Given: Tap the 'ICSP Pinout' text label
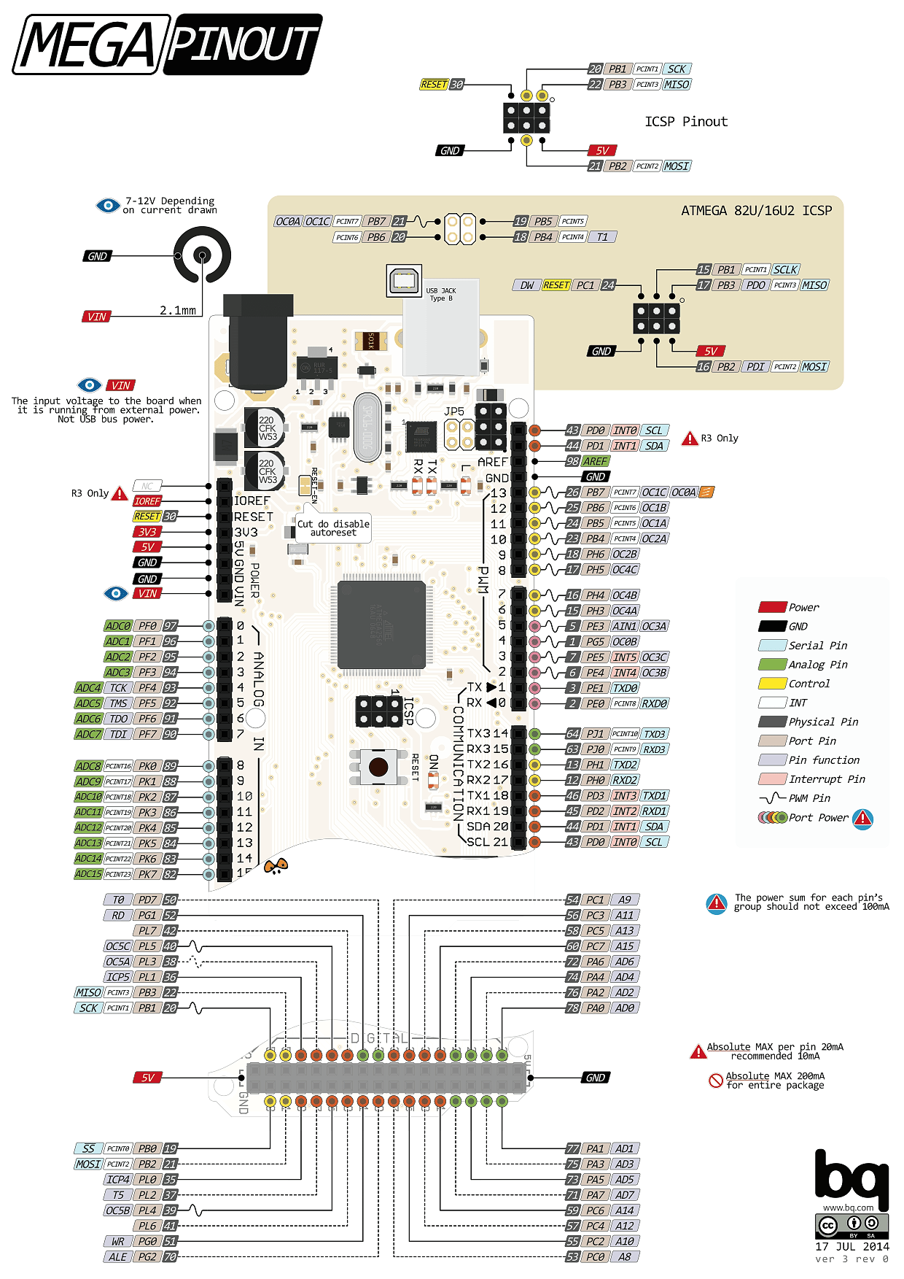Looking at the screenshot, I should click(686, 122).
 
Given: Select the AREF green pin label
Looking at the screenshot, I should click(595, 461).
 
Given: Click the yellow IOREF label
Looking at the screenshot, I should click(147, 501).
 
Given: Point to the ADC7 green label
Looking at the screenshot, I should click(88, 734).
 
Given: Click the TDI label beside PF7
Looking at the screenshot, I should click(119, 734).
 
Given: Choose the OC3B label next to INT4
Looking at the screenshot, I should click(655, 673).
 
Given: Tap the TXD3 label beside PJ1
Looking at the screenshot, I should click(655, 734).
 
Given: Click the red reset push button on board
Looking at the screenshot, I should click(378, 767).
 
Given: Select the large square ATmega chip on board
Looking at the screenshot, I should click(381, 625).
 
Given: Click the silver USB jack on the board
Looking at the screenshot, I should click(442, 328).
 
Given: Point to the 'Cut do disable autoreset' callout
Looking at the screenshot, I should click(333, 528).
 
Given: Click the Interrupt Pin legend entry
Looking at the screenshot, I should click(827, 779).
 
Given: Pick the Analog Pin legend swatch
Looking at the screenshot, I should click(772, 665).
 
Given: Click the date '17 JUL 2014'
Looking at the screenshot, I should click(852, 1247).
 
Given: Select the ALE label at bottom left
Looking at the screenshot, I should click(118, 1257).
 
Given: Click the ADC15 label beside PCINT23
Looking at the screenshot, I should click(88, 874).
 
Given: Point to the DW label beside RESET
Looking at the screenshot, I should click(526, 285).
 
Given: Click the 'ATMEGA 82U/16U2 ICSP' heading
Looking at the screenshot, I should click(756, 211).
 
